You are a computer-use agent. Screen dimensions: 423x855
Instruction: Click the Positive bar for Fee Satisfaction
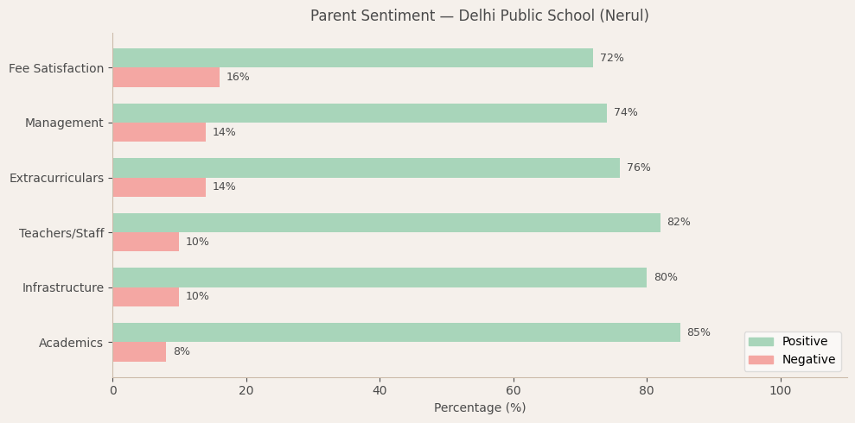pos(353,58)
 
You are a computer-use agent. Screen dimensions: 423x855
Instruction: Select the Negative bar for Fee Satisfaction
pos(166,78)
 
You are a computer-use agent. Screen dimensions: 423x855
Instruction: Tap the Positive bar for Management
pos(360,113)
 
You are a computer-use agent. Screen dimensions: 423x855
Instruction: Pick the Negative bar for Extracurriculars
pos(159,187)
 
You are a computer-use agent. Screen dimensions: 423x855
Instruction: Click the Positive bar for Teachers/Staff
pos(386,223)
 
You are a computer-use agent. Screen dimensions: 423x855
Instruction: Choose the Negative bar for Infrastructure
pos(146,297)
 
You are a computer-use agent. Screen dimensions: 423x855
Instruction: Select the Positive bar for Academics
pos(396,332)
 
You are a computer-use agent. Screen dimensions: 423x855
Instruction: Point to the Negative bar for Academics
pos(139,351)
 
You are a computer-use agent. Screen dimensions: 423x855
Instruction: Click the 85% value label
pos(699,332)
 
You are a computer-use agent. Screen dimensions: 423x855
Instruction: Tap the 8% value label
pos(182,351)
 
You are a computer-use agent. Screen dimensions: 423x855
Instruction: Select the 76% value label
pos(639,167)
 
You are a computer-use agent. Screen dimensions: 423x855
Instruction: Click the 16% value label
pos(238,78)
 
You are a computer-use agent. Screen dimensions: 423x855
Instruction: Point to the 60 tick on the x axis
pos(514,390)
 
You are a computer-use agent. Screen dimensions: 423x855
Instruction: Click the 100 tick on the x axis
pos(781,390)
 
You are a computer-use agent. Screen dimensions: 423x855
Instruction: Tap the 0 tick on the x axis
pos(112,390)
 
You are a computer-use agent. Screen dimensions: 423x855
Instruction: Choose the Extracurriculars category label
pos(56,178)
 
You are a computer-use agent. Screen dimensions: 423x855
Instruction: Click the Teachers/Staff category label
pos(61,233)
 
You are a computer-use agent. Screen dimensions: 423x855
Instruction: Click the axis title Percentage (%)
pos(480,407)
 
